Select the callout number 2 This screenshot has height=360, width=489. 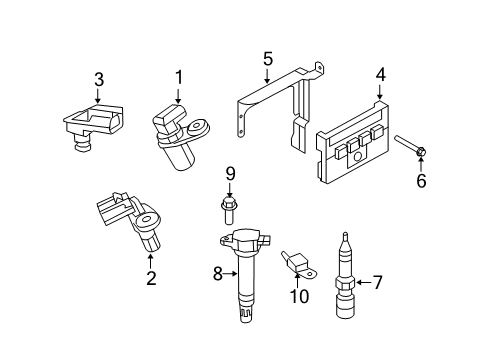pos(151,279)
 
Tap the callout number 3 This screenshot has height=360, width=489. pos(98,78)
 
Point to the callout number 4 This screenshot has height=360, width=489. pos(380,73)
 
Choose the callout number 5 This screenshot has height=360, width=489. pos(267,59)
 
